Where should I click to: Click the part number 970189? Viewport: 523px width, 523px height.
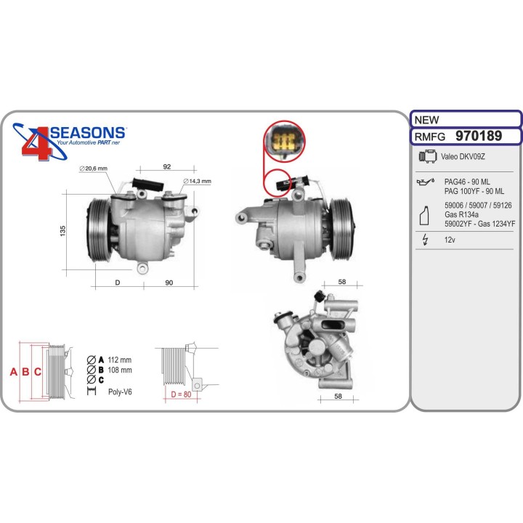(x=478, y=136)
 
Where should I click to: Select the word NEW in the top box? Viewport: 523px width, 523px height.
(x=426, y=119)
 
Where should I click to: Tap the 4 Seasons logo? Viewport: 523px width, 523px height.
(x=69, y=141)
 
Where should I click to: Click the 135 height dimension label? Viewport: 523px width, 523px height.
(x=62, y=231)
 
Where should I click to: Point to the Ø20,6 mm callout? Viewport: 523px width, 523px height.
(x=94, y=169)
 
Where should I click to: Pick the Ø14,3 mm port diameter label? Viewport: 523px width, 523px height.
(x=197, y=181)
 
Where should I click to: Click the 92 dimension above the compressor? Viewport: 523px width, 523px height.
(x=167, y=166)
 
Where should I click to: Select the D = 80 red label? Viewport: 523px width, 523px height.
(x=181, y=394)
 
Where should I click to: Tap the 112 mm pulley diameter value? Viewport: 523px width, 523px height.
(x=120, y=360)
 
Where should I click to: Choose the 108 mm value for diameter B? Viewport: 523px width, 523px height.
(x=120, y=370)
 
